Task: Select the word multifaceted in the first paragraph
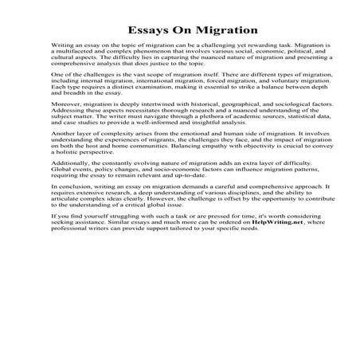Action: point(82,58)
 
